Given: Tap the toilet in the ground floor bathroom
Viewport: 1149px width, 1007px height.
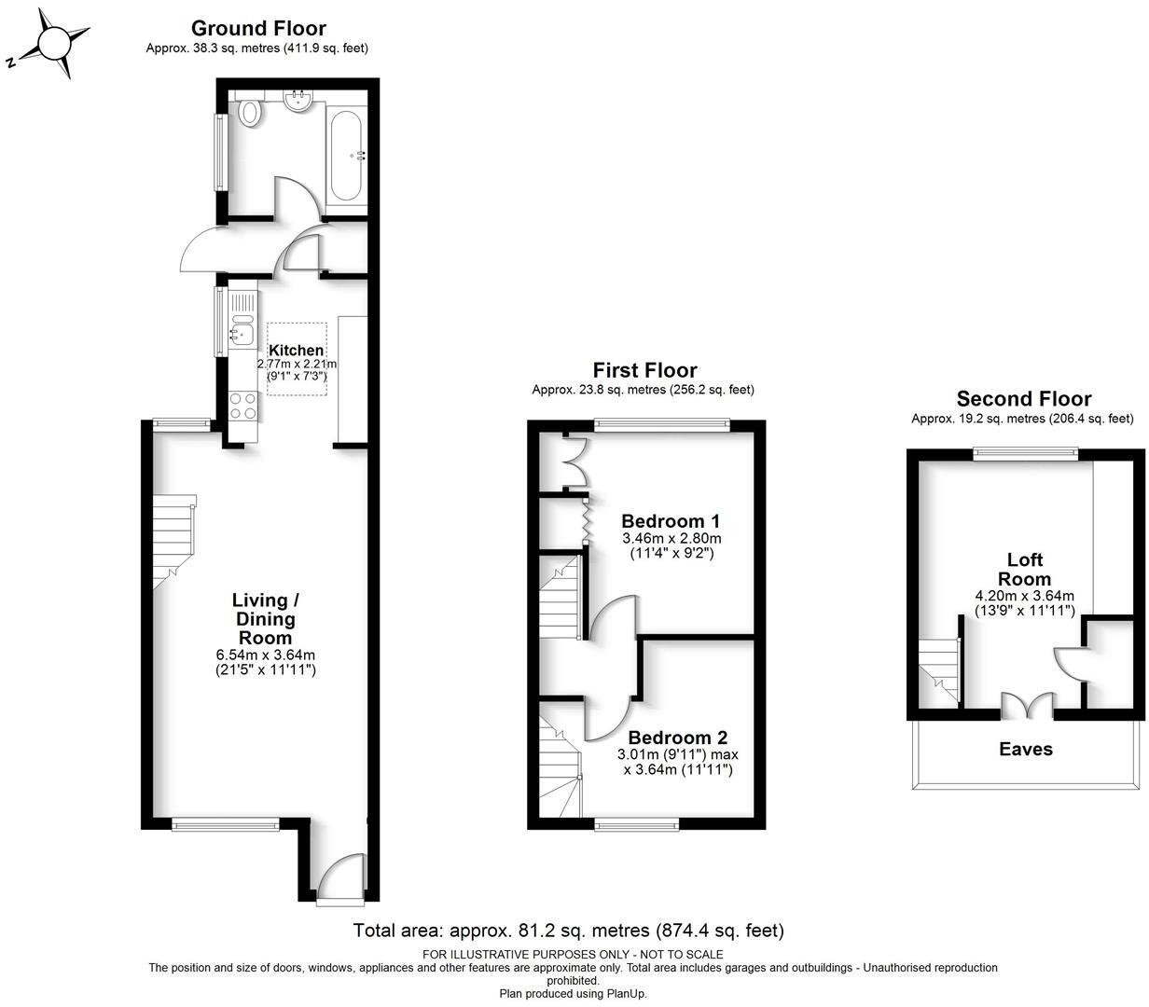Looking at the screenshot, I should coord(249,113).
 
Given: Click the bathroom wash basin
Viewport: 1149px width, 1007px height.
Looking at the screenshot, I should coord(299,101).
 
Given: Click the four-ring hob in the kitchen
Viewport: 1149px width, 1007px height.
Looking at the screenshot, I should coord(243,405).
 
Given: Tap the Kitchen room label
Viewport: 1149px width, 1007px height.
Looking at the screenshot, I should coord(297,350).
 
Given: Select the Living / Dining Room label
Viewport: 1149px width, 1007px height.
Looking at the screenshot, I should coord(266,619).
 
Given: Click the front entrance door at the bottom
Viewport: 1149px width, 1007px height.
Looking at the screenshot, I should coord(339,876).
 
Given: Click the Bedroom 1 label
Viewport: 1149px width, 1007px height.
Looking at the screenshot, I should coord(671,521).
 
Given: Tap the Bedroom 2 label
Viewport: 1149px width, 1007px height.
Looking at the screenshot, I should coord(677,737).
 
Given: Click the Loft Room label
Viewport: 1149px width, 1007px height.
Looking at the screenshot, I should coord(1024,569).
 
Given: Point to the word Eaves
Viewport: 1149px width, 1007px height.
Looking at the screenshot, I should coord(1025,749).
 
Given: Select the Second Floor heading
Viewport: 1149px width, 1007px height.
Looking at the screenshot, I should coord(1023,399).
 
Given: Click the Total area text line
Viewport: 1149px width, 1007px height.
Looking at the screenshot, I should coord(568,930).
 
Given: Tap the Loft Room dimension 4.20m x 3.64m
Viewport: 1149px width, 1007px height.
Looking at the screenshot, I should coord(1024,596).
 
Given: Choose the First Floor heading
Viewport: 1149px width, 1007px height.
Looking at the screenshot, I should coord(644,370).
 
